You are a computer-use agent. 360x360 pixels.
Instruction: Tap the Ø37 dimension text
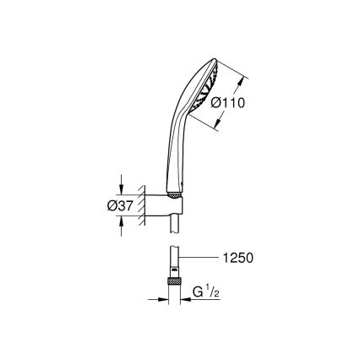click(x=138, y=206)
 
